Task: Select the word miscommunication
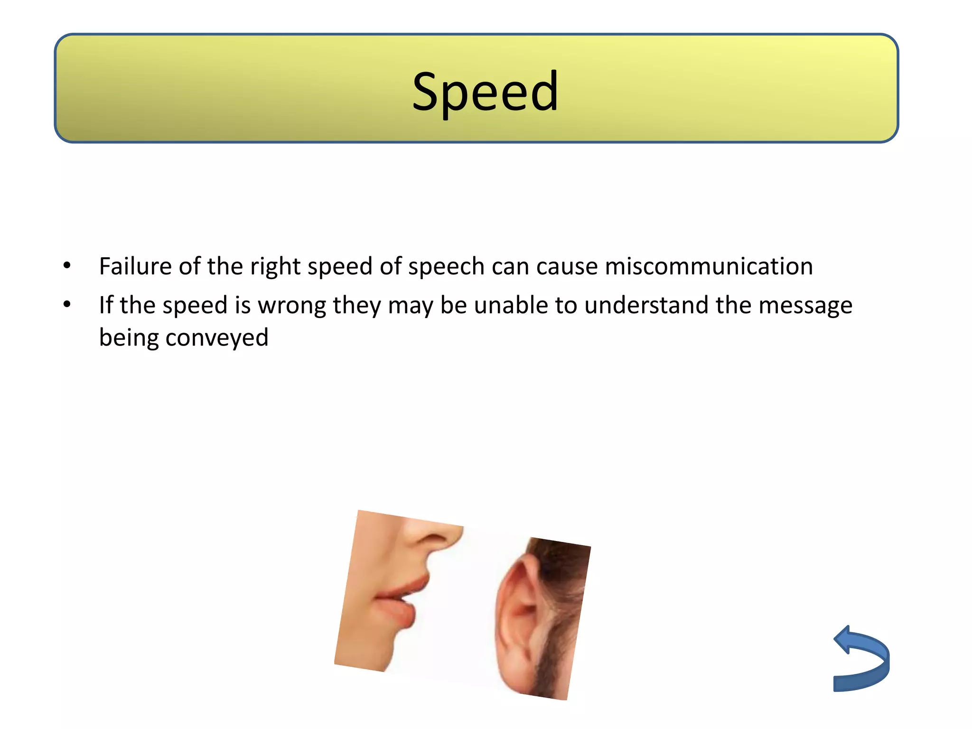pyautogui.click(x=709, y=266)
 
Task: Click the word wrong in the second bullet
pyautogui.click(x=291, y=306)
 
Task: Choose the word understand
pyautogui.click(x=646, y=305)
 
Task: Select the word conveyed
pyautogui.click(x=217, y=338)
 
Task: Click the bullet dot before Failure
pyautogui.click(x=67, y=265)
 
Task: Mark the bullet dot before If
pyautogui.click(x=67, y=304)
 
